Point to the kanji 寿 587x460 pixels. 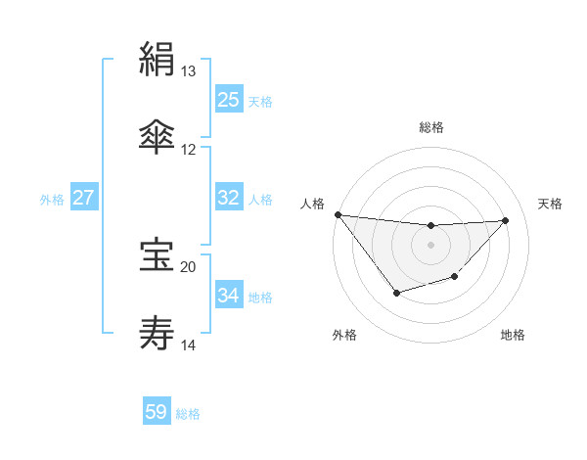(x=157, y=332)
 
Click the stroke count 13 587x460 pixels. (x=189, y=71)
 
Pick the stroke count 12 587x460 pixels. (x=189, y=150)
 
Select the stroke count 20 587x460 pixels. (x=189, y=266)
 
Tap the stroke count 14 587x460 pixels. (x=189, y=345)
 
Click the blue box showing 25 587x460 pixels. (x=229, y=99)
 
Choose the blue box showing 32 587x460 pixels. (x=229, y=198)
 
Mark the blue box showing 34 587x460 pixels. (x=229, y=296)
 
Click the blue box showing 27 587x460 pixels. (x=84, y=198)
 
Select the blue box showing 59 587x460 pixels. (x=157, y=412)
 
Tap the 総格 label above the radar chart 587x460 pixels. (x=431, y=127)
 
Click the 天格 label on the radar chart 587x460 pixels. (x=551, y=204)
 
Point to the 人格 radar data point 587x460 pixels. (x=338, y=214)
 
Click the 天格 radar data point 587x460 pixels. (x=506, y=220)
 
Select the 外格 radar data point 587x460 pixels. (x=396, y=293)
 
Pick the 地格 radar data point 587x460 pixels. (x=454, y=277)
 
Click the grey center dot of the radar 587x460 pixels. (x=431, y=245)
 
